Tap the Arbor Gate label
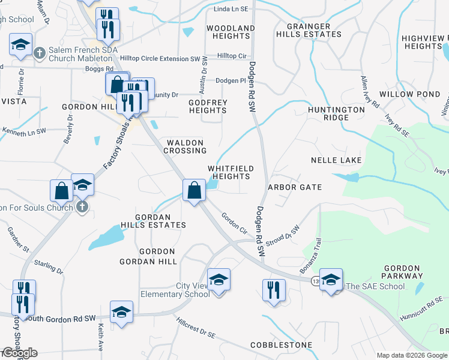[295, 187]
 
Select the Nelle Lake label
[336, 160]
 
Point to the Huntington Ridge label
[336, 113]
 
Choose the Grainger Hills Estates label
[309, 31]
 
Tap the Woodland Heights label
[231, 32]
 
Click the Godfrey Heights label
[208, 106]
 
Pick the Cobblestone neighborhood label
[282, 345]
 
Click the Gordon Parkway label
[403, 272]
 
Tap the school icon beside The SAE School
[331, 280]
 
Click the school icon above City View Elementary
[218, 279]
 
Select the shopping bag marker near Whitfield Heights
[194, 190]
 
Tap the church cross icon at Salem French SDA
[40, 52]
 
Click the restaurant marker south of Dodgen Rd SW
[274, 290]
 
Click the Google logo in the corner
[19, 353]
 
